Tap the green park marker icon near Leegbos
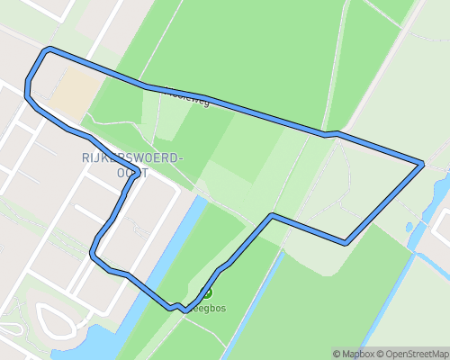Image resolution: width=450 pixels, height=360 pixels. [x=207, y=292]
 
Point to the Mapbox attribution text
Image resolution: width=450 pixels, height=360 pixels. [x=358, y=354]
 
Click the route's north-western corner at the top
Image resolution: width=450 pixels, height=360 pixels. [x=49, y=49]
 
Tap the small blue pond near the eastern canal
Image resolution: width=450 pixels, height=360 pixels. [x=409, y=227]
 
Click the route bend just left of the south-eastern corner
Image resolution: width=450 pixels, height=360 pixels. [x=273, y=216]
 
